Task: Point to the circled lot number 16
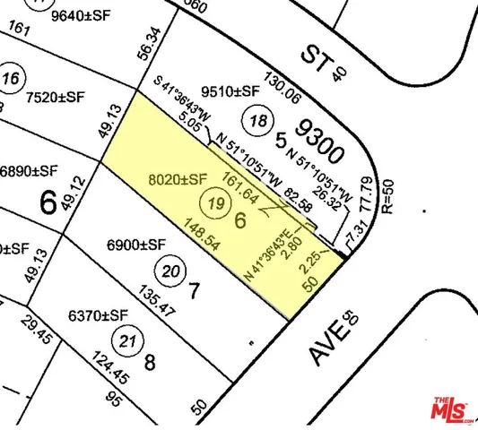click(12, 78)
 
